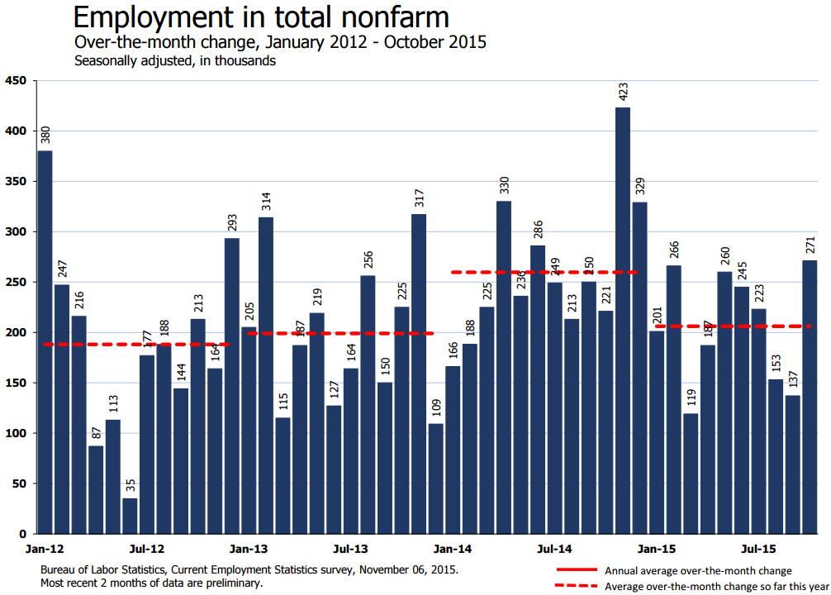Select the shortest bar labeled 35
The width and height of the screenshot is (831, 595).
[130, 516]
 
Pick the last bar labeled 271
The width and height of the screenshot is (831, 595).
[810, 397]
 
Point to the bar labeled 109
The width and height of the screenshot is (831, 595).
[436, 478]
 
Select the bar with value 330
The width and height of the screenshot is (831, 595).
[504, 367]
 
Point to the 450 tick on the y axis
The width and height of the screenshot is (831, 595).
[16, 81]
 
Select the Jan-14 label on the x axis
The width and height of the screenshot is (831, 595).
[453, 549]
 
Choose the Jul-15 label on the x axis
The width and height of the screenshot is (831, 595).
[758, 549]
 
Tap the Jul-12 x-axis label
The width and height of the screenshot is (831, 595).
[147, 549]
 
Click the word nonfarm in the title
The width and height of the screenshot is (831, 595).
[392, 17]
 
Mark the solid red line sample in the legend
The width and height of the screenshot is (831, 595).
[577, 570]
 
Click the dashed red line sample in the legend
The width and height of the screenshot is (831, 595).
[577, 586]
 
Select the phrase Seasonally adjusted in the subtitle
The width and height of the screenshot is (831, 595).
[133, 60]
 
